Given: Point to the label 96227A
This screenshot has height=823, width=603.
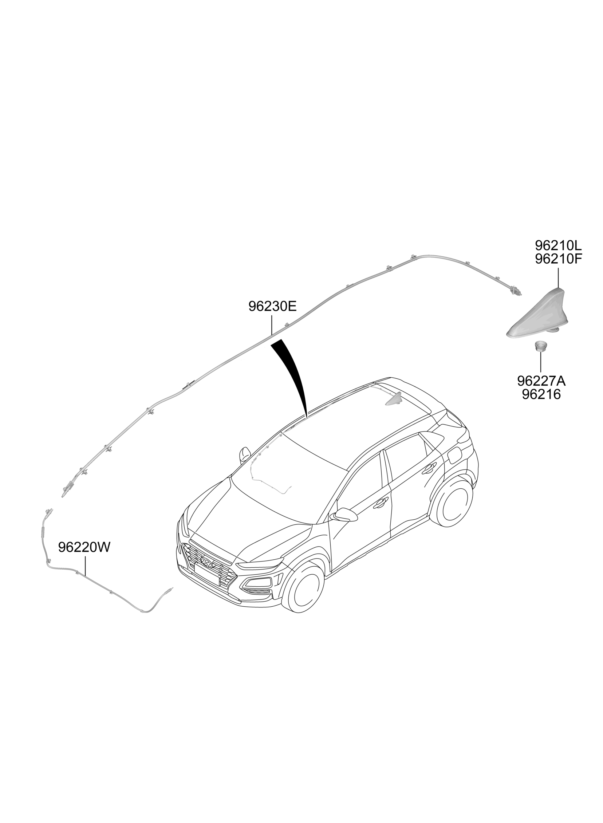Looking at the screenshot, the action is [541, 381].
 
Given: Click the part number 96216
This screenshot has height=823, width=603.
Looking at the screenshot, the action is [541, 394].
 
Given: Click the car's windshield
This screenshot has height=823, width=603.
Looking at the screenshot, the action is [288, 474].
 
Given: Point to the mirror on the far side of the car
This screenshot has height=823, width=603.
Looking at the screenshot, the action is [244, 454].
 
